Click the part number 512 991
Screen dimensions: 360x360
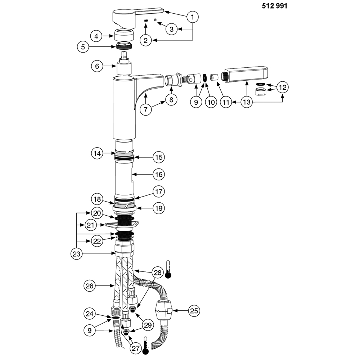pos(274,6)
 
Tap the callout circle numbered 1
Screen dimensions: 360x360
pos(192,17)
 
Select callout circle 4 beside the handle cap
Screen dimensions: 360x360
pos(96,36)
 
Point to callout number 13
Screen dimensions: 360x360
pos(247,102)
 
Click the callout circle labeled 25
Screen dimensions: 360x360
pos(194,311)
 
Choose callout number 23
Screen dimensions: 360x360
pos(76,254)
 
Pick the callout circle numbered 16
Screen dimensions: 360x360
pos(159,175)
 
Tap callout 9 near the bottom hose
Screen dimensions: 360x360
pos(90,330)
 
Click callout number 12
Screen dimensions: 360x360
pos(283,87)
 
